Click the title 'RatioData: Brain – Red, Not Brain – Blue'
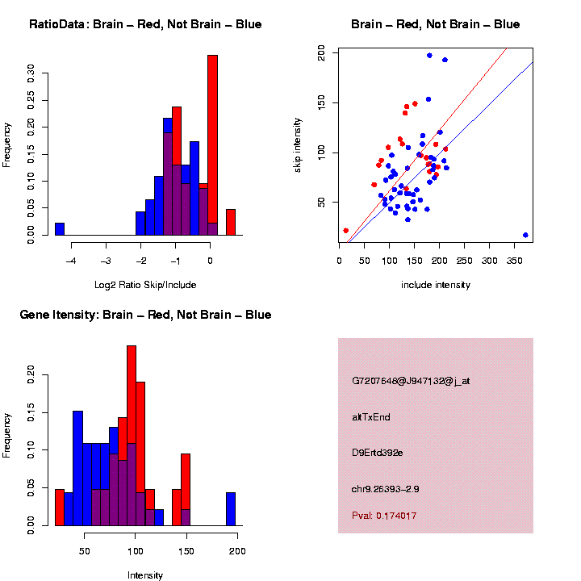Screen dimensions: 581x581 pyautogui.click(x=145, y=24)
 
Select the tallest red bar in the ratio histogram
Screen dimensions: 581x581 pyautogui.click(x=213, y=145)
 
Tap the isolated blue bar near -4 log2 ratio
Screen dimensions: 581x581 pyautogui.click(x=60, y=228)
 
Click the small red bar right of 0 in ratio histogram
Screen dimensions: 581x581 pyautogui.click(x=231, y=222)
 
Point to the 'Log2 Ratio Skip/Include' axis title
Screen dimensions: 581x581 pyautogui.click(x=145, y=285)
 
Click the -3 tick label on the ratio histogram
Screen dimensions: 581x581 pyautogui.click(x=106, y=261)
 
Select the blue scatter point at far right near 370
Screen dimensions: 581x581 pyautogui.click(x=525, y=235)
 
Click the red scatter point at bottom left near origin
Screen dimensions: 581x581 pyautogui.click(x=346, y=231)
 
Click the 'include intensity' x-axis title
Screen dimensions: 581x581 pyautogui.click(x=436, y=285)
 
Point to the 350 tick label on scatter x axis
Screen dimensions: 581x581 pyautogui.click(x=514, y=261)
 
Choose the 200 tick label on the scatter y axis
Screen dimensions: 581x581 pyautogui.click(x=322, y=52)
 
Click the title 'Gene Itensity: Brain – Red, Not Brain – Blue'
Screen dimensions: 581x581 pyautogui.click(x=145, y=315)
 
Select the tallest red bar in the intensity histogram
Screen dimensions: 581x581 pyautogui.click(x=131, y=435)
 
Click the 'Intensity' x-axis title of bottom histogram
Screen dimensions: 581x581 pyautogui.click(x=145, y=575)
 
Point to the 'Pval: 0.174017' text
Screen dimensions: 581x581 pyautogui.click(x=384, y=516)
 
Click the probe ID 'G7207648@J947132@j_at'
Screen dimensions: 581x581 pyautogui.click(x=411, y=381)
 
